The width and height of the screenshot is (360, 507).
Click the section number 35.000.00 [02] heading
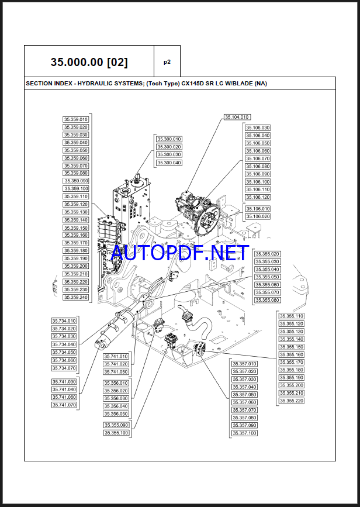[89, 62]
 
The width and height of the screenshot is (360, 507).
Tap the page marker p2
[167, 61]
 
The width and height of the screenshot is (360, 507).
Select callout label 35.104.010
[237, 117]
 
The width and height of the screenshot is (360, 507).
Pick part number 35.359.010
[75, 120]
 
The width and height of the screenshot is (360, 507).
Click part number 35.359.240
[75, 297]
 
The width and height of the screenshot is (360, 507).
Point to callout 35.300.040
[169, 163]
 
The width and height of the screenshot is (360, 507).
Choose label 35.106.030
[258, 127]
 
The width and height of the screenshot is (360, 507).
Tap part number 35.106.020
[258, 216]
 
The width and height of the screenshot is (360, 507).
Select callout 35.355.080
[267, 300]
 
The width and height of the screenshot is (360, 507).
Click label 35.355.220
[292, 401]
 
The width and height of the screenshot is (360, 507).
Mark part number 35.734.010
[64, 321]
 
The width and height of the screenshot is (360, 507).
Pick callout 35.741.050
[116, 372]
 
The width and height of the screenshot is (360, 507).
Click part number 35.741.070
[64, 405]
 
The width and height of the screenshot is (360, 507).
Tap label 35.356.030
[116, 398]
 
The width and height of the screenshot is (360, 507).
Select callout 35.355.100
[116, 433]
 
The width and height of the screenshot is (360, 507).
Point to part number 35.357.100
[244, 433]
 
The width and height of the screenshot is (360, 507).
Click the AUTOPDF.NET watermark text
[180, 253]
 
